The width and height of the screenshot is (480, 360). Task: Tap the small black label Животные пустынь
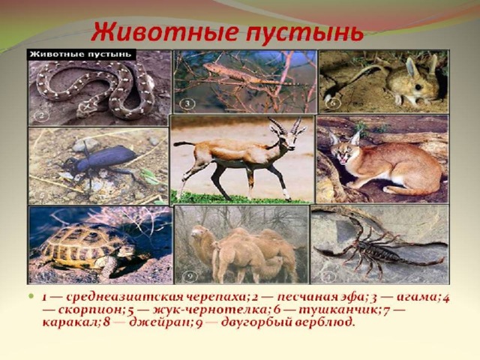point(82,55)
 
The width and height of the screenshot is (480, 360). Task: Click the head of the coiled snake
point(88,108)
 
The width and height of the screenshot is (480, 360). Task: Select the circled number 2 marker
point(43,116)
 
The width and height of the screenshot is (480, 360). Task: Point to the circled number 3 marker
point(187,103)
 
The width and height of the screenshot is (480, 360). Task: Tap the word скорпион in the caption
point(91,310)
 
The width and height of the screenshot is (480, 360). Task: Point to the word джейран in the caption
point(160,323)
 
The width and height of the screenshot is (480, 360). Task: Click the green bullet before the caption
point(30,296)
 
